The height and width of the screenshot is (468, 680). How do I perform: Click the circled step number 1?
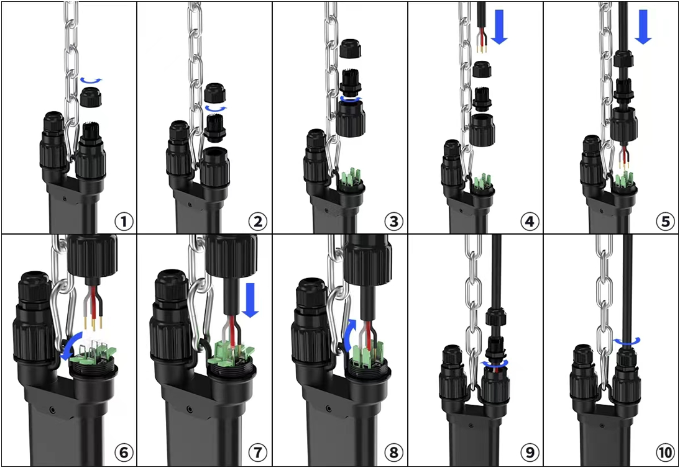tap(124, 222)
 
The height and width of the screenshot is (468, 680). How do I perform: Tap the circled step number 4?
tap(530, 222)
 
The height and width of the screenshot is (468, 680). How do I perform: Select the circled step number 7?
tap(257, 452)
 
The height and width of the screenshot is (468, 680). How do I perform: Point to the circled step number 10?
tap(665, 452)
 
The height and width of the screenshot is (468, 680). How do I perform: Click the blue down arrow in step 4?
tap(499, 27)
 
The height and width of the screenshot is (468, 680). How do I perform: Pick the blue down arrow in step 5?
tap(643, 27)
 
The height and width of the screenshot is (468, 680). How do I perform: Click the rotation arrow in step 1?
tap(91, 80)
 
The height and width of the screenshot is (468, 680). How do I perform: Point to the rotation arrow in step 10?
tap(627, 342)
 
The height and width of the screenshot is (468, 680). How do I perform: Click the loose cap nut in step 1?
tap(91, 97)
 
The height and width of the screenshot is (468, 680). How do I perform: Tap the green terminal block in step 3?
tap(350, 178)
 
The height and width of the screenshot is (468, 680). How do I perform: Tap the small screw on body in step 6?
tap(52, 410)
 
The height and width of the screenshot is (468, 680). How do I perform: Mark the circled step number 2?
tap(257, 222)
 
